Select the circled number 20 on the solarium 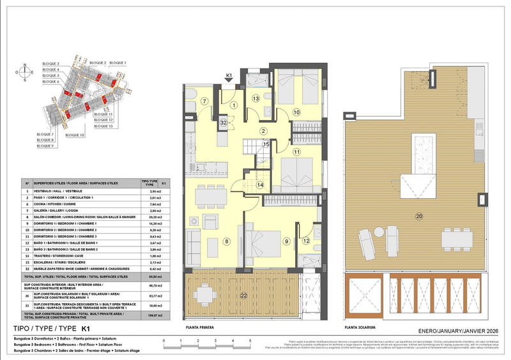click(x=418, y=215)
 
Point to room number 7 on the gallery click(x=204, y=101)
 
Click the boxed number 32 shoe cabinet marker click(x=224, y=121)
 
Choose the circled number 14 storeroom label click(x=260, y=184)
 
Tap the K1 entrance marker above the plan click(x=229, y=77)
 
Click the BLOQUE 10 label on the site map click(x=75, y=135)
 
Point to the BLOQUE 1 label click(x=118, y=63)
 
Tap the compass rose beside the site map click(x=25, y=72)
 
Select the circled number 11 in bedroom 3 click(x=296, y=152)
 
